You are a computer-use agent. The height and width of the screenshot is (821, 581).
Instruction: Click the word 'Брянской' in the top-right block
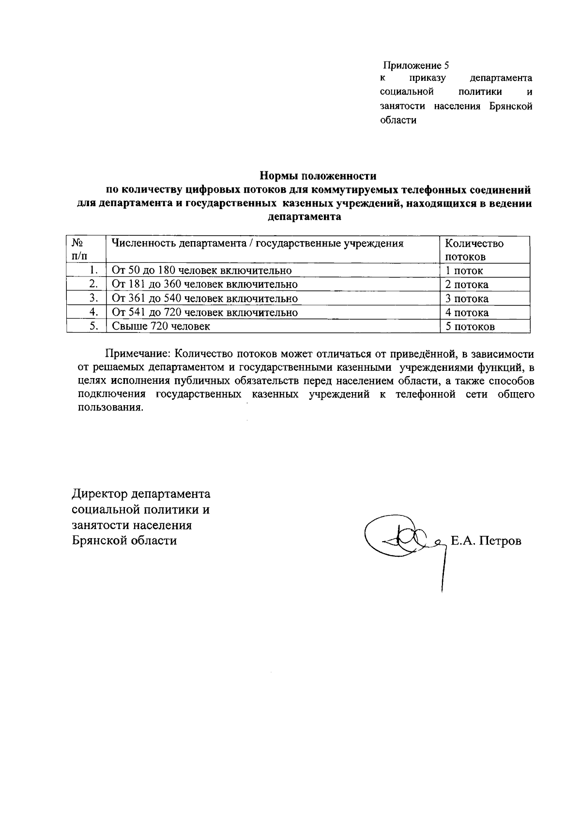510,106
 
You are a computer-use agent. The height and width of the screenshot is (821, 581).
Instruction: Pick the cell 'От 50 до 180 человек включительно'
201,270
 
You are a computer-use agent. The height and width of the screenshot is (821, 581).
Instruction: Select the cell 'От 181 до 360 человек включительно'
204,284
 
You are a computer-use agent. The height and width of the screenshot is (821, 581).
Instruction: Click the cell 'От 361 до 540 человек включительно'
204,298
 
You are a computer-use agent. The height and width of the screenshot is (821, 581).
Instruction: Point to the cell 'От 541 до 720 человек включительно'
204,312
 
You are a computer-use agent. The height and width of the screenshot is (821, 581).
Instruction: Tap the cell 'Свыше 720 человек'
161,326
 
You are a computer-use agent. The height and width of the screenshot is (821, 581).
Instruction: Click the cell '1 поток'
464,271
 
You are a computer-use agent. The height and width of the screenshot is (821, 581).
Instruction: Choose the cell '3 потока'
467,299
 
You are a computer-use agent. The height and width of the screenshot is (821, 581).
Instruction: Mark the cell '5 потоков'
470,327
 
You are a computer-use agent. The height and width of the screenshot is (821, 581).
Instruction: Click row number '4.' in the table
94,312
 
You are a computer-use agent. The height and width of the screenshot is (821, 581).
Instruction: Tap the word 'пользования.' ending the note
110,407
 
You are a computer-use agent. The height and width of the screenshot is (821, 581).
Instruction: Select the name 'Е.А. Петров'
486,541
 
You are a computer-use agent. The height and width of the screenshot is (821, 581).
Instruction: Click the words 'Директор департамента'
141,494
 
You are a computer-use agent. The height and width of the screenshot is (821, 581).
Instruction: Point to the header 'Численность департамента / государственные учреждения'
258,243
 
